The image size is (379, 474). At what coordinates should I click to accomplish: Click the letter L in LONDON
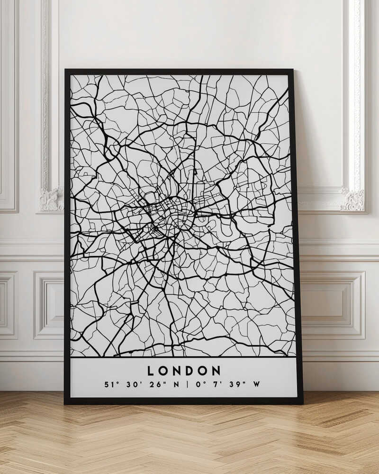(151, 371)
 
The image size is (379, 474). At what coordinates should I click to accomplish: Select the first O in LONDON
(163, 371)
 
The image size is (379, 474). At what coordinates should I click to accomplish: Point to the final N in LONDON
(216, 371)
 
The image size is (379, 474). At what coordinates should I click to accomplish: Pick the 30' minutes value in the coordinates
(133, 384)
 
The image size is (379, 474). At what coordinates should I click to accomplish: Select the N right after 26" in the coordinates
(176, 384)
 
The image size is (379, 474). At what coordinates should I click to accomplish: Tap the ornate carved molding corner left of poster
(51, 199)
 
